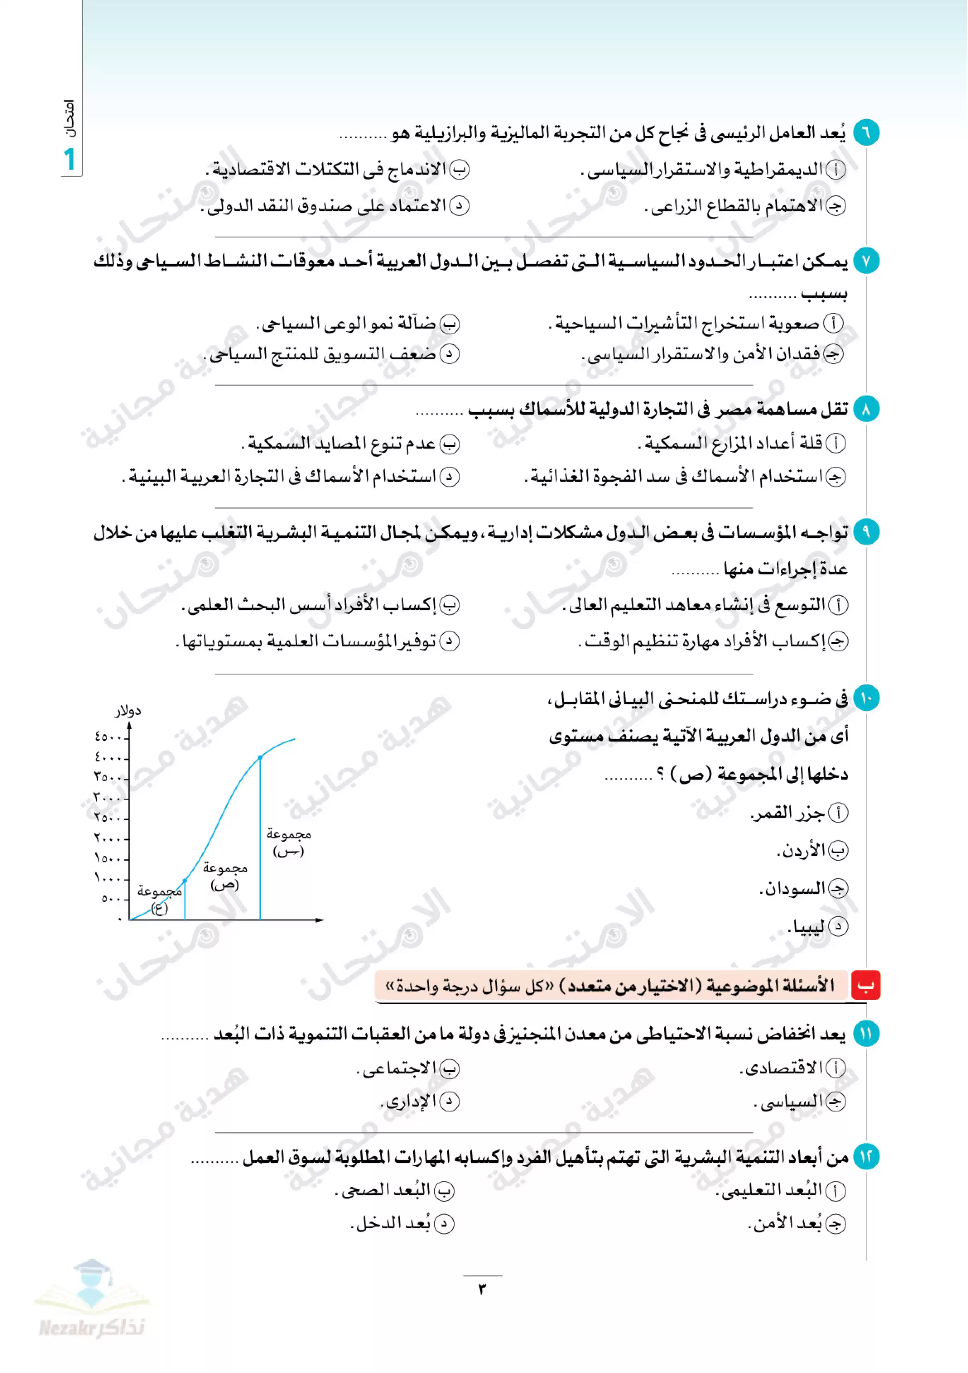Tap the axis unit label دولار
click(x=128, y=711)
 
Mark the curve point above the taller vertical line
click(x=260, y=758)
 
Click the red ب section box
click(x=865, y=986)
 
